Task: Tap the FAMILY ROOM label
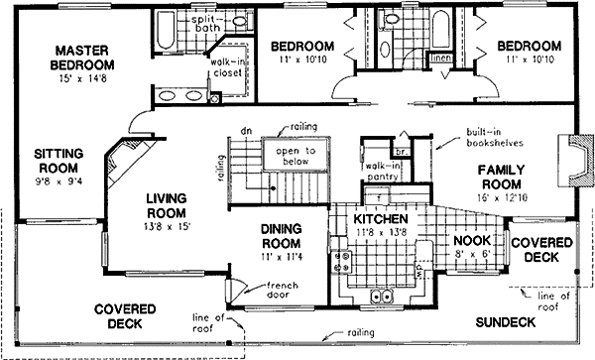coord(508,177)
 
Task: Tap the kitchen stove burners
coord(346,262)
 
